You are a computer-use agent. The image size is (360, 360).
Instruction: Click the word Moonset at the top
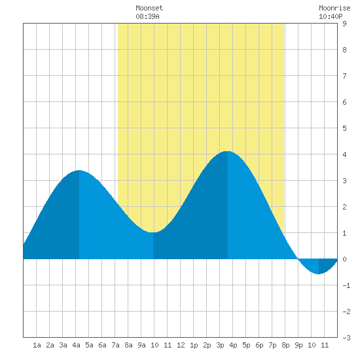pos(149,8)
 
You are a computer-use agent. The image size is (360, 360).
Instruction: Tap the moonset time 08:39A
pos(147,16)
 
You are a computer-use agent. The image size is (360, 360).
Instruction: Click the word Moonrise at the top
pos(334,8)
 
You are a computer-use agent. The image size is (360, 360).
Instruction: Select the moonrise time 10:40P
pos(331,16)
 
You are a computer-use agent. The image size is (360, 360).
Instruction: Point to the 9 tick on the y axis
pos(344,24)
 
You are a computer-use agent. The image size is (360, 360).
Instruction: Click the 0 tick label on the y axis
pos(344,259)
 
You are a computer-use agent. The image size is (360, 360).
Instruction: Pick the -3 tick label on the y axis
pos(346,338)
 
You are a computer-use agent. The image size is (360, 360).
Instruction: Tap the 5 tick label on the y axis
pos(344,128)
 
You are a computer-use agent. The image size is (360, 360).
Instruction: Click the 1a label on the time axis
pos(37,345)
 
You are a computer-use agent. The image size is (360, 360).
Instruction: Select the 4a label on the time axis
pos(76,345)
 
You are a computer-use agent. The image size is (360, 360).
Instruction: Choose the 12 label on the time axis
pos(181,345)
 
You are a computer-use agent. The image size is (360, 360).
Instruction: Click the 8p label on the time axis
pos(285,345)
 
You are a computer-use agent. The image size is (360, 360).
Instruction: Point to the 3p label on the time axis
pos(220,345)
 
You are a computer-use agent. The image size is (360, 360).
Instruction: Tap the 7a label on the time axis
pos(115,345)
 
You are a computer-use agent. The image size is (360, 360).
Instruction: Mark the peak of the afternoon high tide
pos(227,151)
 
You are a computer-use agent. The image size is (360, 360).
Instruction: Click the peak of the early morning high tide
pos(79,170)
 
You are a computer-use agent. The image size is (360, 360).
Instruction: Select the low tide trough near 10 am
pos(153,232)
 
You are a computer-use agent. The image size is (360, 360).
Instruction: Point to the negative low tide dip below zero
pos(319,274)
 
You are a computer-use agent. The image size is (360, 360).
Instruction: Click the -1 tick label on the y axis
pos(346,285)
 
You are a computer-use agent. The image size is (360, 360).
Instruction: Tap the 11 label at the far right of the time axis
pos(325,345)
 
